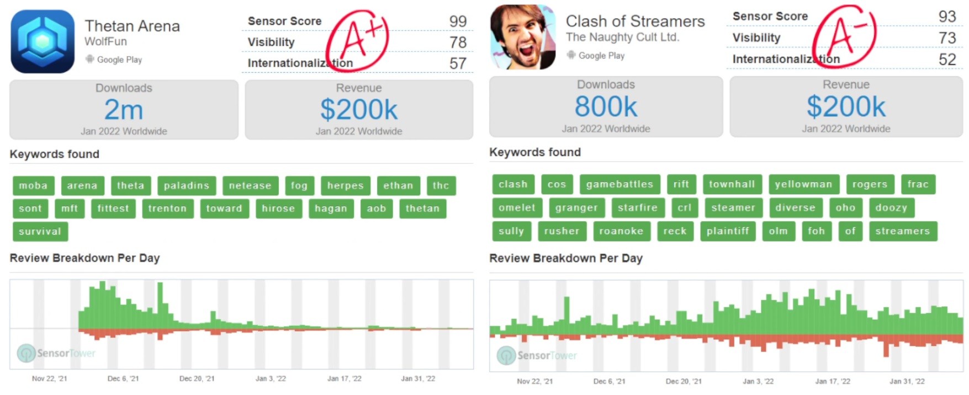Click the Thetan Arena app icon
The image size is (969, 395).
[x=43, y=41]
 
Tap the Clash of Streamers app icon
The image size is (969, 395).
[x=523, y=37]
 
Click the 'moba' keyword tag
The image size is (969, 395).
[x=33, y=186]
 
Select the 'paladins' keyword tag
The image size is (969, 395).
[x=187, y=186]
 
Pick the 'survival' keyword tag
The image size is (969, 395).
[x=40, y=232]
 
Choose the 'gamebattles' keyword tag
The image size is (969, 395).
[x=619, y=184]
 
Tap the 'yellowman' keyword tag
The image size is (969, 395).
[x=803, y=184]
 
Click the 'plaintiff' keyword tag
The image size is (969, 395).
[x=728, y=231]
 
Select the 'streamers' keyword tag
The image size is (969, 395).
[x=903, y=231]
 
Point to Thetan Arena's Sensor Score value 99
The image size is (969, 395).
[x=458, y=22]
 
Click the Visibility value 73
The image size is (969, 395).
[x=947, y=38]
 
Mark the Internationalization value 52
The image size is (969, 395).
[x=947, y=60]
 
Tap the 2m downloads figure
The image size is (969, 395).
[x=124, y=110]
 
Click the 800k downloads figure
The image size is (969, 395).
[x=606, y=106]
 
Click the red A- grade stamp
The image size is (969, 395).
[x=844, y=35]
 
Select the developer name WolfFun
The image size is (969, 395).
[x=105, y=41]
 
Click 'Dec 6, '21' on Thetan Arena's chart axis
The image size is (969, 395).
[x=123, y=378]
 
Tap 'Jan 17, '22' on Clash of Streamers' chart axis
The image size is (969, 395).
[x=833, y=381]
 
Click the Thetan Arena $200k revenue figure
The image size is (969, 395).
[x=359, y=110]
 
